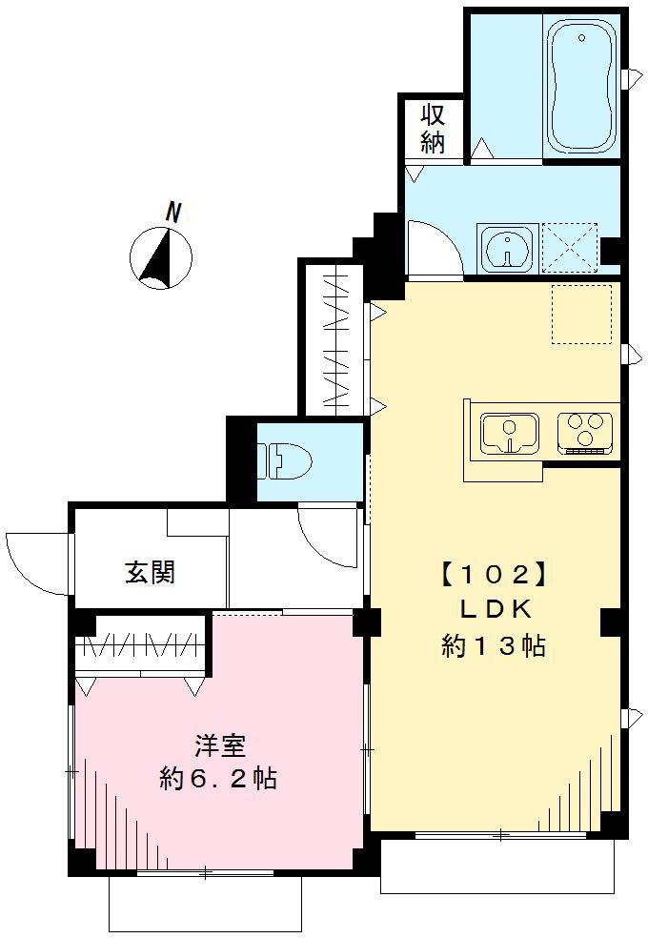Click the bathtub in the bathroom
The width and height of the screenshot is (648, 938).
pos(581,89)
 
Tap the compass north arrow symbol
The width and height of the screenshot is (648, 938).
pos(160,258)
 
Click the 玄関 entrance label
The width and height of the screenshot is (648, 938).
pos(150,573)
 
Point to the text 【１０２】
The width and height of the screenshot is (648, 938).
pos(492,575)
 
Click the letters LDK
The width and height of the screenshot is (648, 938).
pos(494,610)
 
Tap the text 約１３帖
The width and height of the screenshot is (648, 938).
pos(493,646)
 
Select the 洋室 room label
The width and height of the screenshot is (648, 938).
pos(216,744)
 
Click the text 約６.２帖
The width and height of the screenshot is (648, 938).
pos(218,779)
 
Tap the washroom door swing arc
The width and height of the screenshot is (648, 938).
pos(431,246)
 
